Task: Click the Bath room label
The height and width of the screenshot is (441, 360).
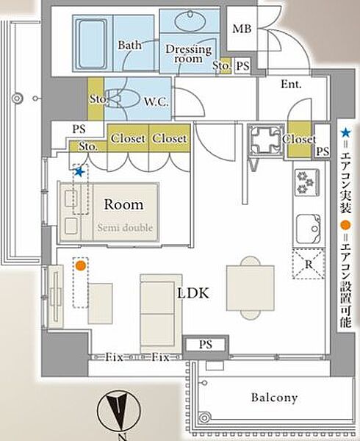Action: tap(129, 45)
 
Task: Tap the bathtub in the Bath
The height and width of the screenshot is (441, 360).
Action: tap(91, 43)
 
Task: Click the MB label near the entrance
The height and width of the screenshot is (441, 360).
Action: tap(242, 29)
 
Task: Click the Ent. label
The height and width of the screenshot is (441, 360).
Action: tap(291, 84)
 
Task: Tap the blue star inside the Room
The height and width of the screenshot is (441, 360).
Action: tap(79, 172)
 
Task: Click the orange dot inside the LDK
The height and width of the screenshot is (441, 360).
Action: tap(81, 265)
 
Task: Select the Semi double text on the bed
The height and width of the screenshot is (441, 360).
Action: tap(125, 227)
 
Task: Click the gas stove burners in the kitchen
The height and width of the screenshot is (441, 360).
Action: tap(306, 182)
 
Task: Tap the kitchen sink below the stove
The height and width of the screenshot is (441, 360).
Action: tap(309, 229)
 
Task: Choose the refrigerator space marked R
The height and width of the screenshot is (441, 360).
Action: tap(309, 264)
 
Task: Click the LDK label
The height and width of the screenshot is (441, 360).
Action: tap(193, 293)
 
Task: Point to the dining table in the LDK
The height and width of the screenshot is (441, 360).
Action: tap(251, 288)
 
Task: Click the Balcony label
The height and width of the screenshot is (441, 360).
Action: tap(274, 398)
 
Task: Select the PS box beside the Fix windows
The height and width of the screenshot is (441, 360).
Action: tap(206, 344)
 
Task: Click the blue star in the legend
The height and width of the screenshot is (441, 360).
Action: tap(345, 133)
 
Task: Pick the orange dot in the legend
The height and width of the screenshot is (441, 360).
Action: tap(345, 225)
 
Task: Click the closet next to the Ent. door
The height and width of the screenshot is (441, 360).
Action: tap(300, 139)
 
